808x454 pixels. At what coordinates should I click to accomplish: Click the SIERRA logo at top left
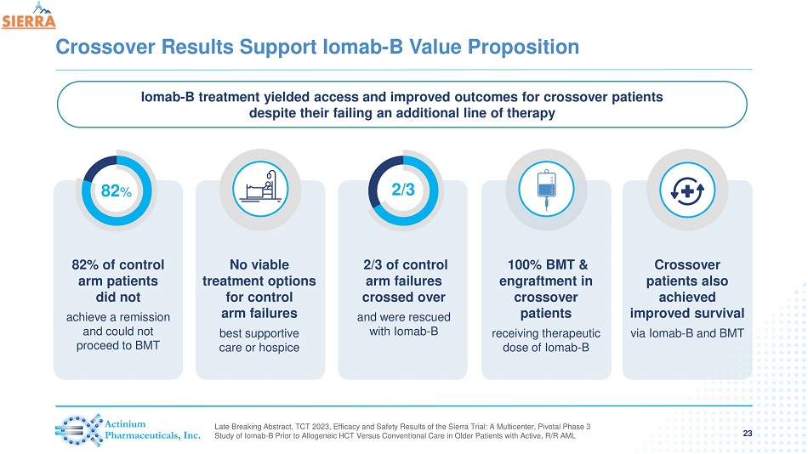coord(29,17)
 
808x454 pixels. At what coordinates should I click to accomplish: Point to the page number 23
coord(748,434)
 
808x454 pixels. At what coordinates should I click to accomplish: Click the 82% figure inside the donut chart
coord(117,192)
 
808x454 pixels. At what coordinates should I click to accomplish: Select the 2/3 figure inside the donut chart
coord(403,191)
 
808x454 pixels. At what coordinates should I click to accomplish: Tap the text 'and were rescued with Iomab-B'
coord(404,324)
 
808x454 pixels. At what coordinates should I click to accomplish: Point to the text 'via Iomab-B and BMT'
coord(687,332)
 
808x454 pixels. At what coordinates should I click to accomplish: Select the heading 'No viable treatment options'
coord(260,272)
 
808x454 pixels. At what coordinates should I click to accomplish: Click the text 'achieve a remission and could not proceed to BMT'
coord(118,331)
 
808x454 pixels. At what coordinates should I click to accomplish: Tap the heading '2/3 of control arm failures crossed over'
coord(404,281)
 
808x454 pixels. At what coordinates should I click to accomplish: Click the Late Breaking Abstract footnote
coord(403,431)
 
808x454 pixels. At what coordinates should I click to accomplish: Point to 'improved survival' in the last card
coord(687,314)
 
